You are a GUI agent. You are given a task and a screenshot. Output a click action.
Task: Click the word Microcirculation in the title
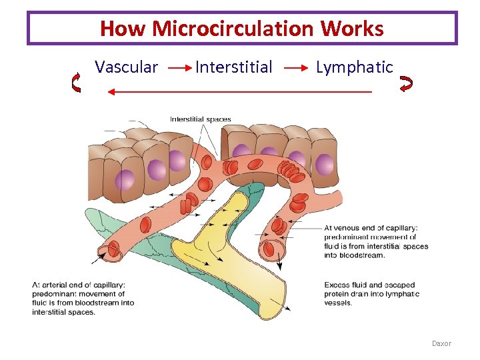pos(233,29)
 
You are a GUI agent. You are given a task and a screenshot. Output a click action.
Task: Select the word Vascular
pos(126,67)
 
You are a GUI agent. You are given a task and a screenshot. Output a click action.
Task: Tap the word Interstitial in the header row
pos(233,67)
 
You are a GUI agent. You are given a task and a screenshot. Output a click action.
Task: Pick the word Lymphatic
pos(354,67)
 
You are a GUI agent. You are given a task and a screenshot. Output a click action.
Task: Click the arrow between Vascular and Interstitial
pos(177,68)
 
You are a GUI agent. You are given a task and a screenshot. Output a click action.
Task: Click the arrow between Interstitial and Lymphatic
pos(295,68)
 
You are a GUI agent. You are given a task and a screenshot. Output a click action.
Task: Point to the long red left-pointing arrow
pos(240,92)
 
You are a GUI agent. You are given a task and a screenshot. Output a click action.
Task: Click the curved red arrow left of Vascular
pos(76,83)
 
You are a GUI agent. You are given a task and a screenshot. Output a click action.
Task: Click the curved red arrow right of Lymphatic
pos(405,83)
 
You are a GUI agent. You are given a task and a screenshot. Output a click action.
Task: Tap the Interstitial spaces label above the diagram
pos(200,120)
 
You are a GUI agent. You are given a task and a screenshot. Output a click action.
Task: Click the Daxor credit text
pos(441,343)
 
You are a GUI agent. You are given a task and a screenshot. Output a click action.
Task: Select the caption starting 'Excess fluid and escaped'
pos(372,294)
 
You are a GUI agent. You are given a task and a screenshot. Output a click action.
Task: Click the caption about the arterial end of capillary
pos(83,299)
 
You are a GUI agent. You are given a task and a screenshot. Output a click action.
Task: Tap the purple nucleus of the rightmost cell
pos(324,163)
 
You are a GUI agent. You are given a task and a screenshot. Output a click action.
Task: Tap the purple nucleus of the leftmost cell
pos(125,179)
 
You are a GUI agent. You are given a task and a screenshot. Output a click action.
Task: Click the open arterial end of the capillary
pos(111,251)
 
